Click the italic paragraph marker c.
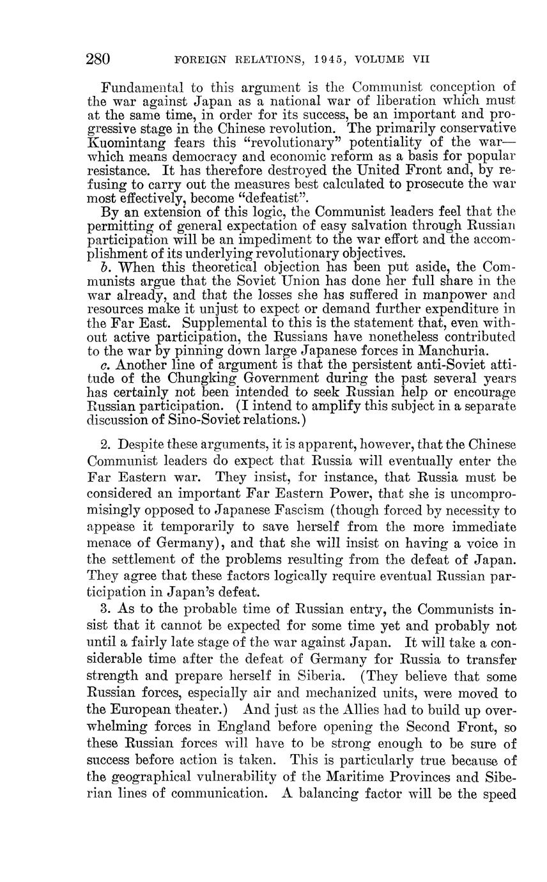[106, 364]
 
